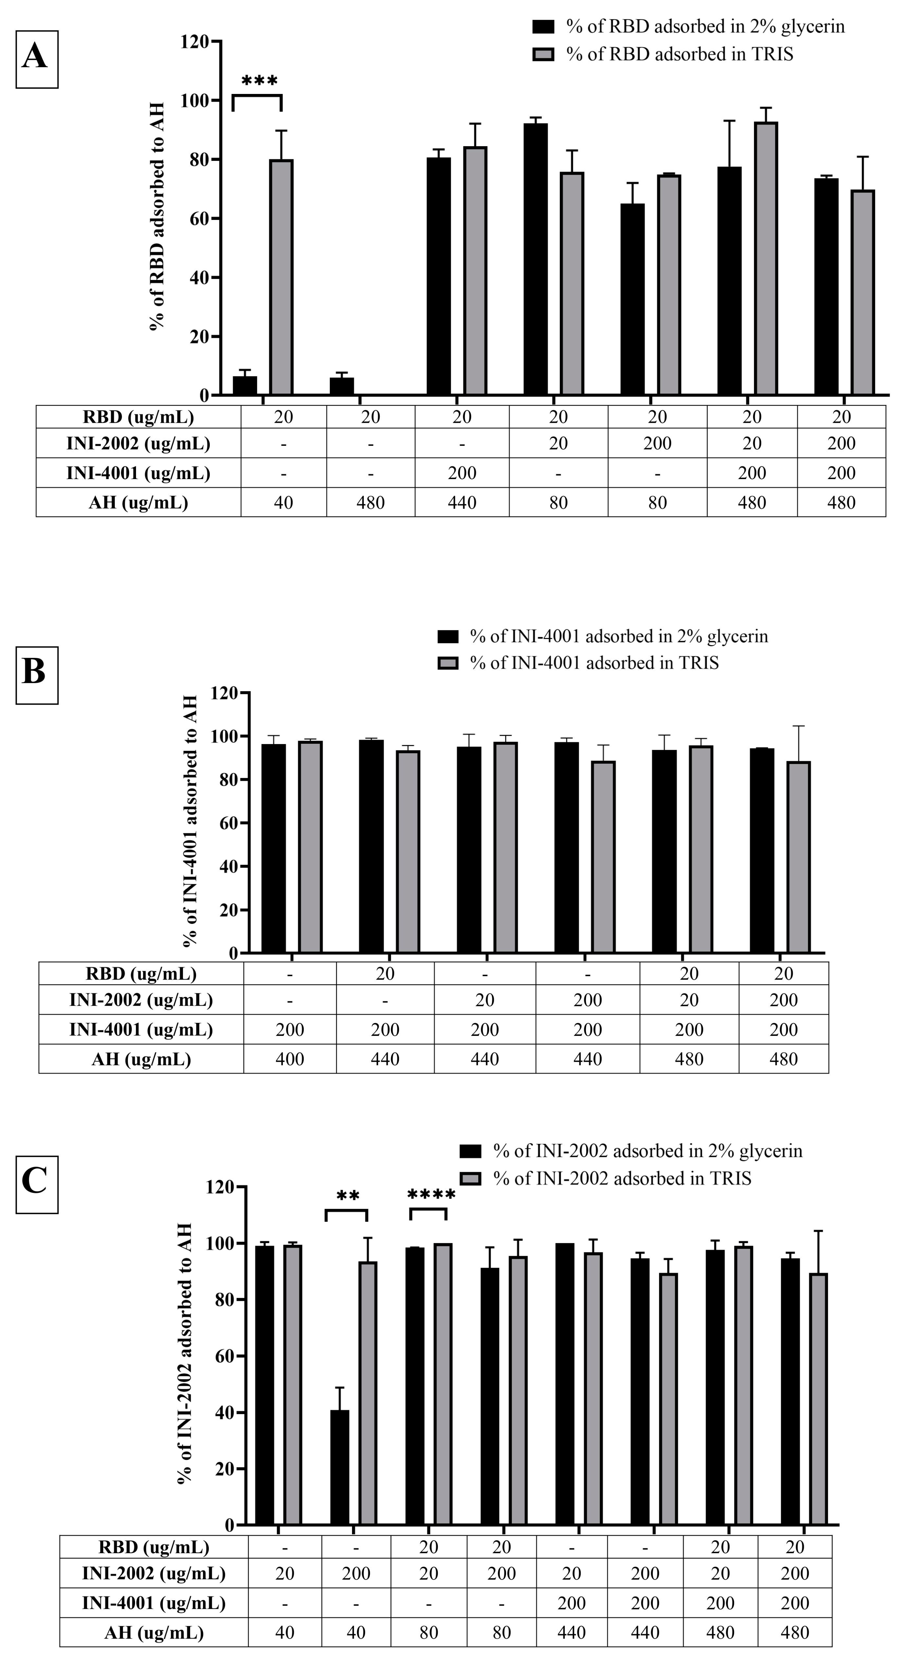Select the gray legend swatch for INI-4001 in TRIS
[448, 663]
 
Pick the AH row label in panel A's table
[138, 503]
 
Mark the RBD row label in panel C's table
[154, 1548]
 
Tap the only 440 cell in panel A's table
[462, 503]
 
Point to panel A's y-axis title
[157, 216]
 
